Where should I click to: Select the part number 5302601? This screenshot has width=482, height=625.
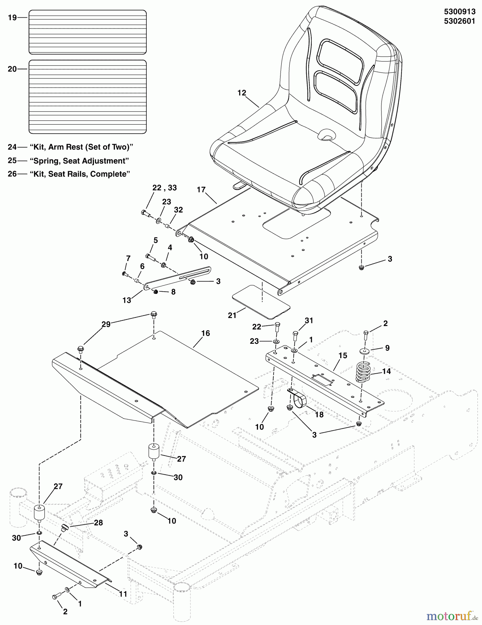[459, 21]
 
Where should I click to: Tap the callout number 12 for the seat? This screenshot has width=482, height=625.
[242, 93]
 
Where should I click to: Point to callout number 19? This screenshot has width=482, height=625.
[12, 17]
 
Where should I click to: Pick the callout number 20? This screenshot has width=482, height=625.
[12, 69]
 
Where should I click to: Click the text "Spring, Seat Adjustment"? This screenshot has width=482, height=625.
[79, 161]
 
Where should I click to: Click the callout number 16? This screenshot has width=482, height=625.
[206, 333]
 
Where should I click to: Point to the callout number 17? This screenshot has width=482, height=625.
[201, 190]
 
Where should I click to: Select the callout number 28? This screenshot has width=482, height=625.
[98, 523]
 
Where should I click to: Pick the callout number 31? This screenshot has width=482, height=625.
[309, 320]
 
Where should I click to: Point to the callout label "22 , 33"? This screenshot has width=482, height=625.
[164, 188]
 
